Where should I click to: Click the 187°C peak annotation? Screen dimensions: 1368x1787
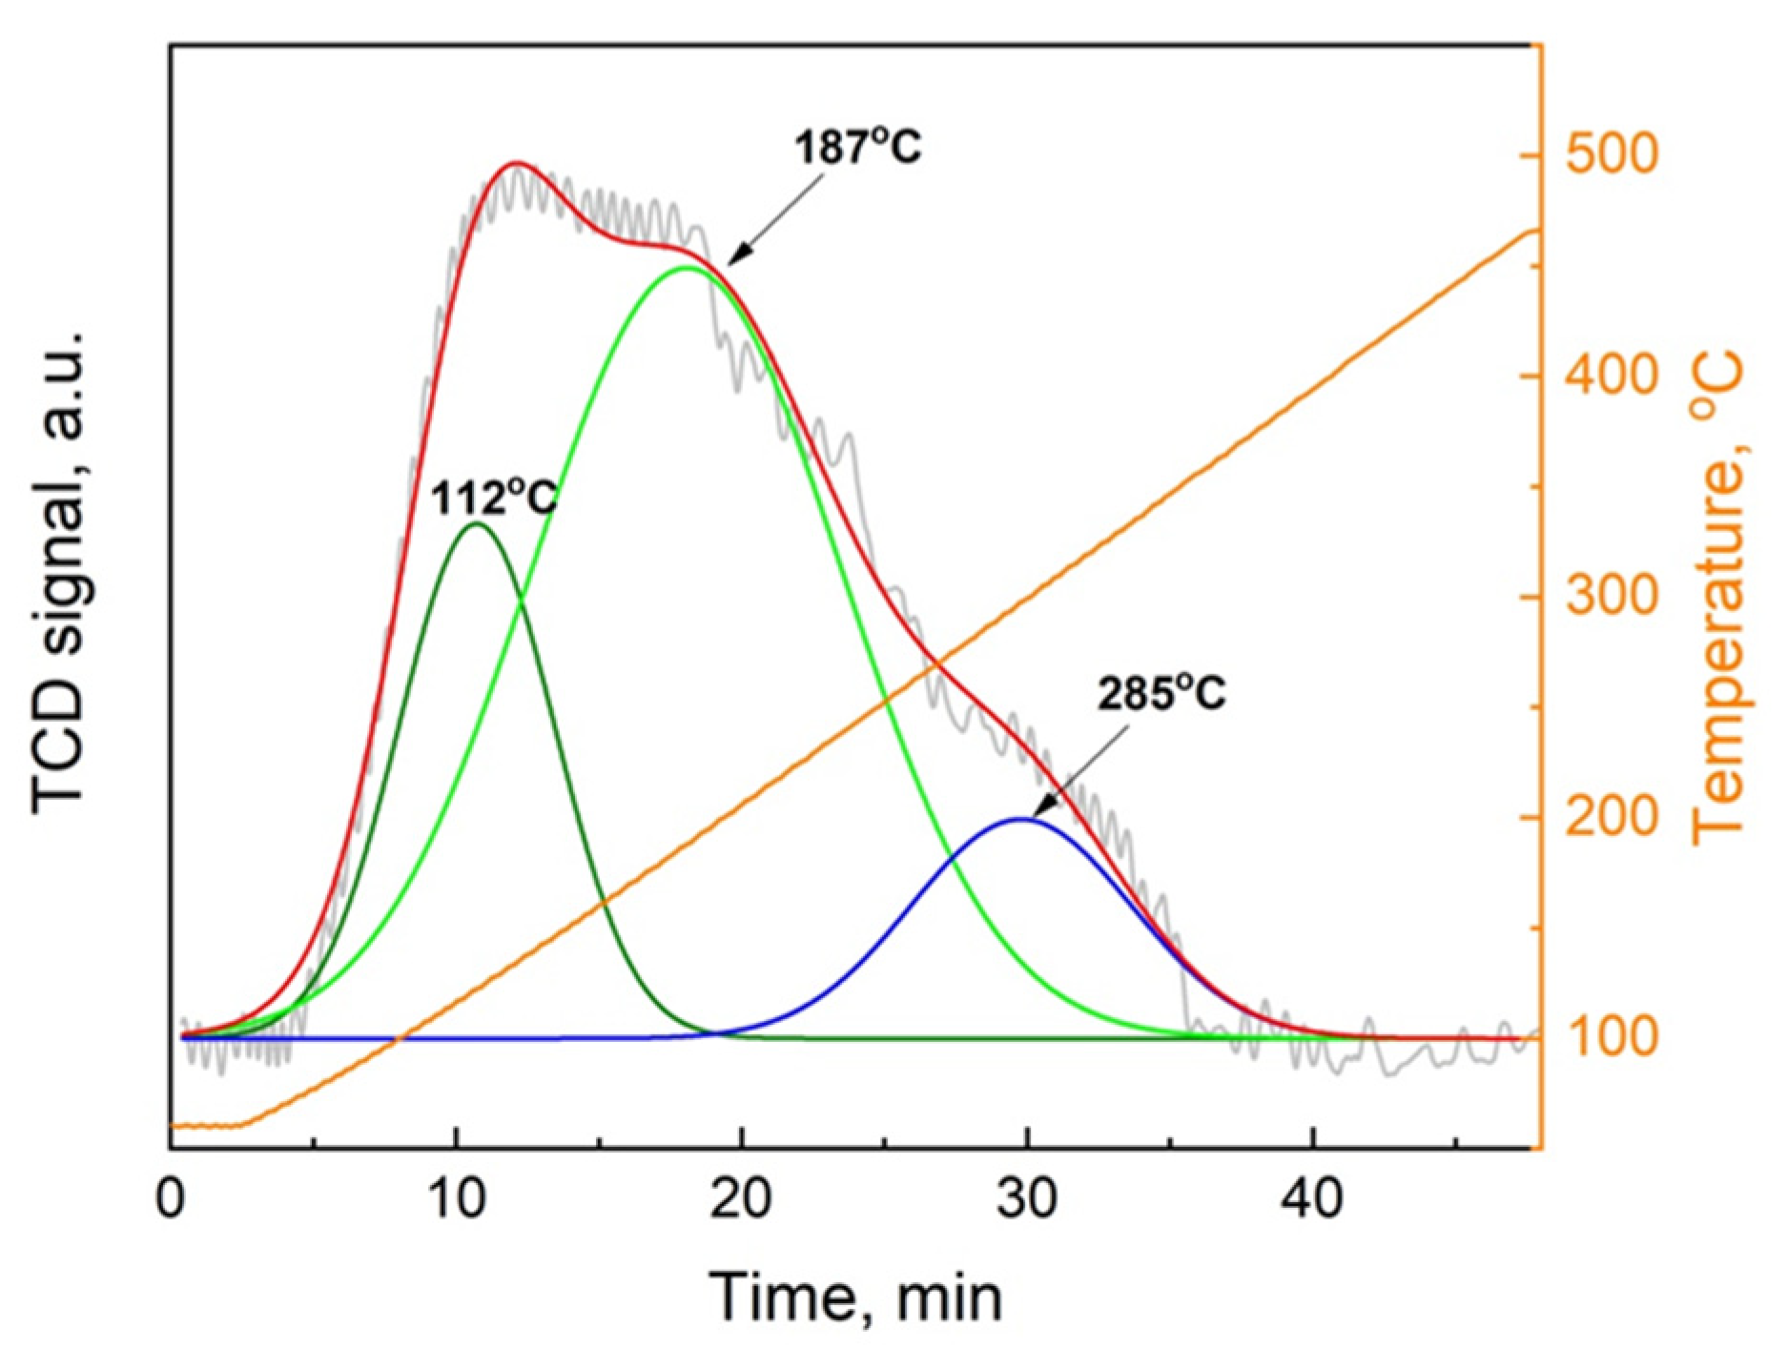pos(858,149)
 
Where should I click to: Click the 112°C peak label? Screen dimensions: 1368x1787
pos(492,498)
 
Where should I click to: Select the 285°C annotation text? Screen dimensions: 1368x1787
pos(1161,694)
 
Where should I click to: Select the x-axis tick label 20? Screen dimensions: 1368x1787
pos(741,1198)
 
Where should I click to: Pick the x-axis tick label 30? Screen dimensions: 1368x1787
pos(1027,1198)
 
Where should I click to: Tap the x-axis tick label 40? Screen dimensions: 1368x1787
pos(1312,1198)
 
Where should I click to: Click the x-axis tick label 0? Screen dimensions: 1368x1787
pos(171,1198)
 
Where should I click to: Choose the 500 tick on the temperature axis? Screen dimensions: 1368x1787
pos(1612,154)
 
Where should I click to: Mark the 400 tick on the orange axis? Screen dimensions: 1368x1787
pos(1612,376)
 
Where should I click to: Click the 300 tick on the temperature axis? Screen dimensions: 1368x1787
pos(1612,597)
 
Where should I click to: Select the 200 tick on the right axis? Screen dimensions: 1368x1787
pos(1612,818)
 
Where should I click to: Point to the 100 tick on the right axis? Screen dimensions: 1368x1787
pos(1612,1038)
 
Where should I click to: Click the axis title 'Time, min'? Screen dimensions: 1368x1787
pos(855,1298)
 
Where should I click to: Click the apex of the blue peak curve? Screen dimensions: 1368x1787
pos(1021,818)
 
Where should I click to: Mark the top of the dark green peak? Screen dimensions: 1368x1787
pos(476,523)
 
